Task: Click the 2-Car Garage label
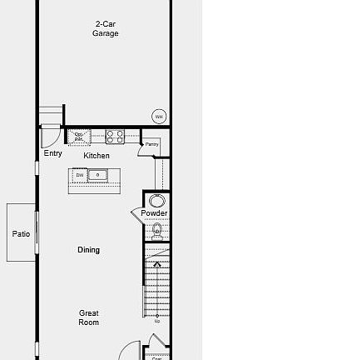[105, 30]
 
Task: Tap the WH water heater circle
[158, 117]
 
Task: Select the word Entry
[52, 153]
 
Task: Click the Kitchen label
[97, 155]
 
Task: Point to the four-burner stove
[115, 135]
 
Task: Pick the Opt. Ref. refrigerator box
[81, 136]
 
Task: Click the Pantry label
[151, 144]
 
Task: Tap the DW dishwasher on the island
[81, 175]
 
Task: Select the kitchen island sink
[98, 175]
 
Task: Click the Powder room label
[154, 213]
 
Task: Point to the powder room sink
[156, 200]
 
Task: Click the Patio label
[21, 234]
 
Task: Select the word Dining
[88, 248]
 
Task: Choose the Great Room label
[88, 317]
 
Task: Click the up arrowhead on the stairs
[156, 264]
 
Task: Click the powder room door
[136, 215]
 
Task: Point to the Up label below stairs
[156, 319]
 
